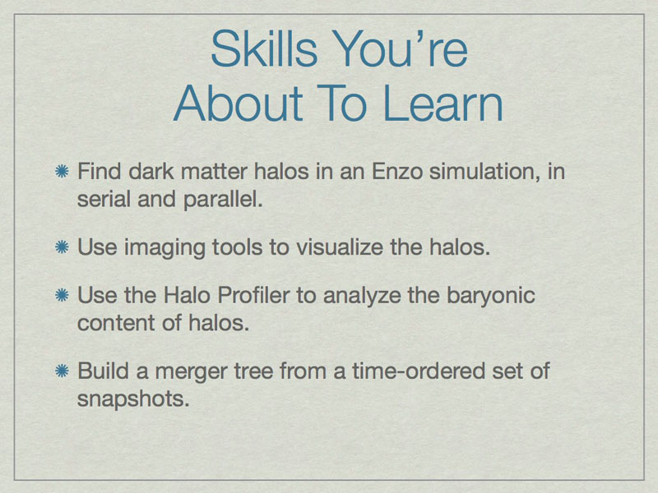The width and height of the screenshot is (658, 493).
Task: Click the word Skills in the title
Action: [264, 48]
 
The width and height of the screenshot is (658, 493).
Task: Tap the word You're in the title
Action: [400, 48]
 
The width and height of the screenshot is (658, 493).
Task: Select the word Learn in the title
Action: [443, 104]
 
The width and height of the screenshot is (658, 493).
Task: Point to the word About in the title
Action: [238, 104]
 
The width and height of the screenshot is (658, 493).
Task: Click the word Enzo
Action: [397, 171]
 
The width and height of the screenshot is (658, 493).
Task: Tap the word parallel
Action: [223, 199]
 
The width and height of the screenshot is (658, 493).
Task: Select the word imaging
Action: [164, 247]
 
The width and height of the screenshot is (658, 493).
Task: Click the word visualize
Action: [340, 246]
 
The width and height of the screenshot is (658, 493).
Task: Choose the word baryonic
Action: [491, 296]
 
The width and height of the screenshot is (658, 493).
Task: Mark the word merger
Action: [192, 372]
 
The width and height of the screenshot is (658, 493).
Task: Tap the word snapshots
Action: [133, 399]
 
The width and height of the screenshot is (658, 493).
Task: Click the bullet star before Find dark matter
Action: [63, 171]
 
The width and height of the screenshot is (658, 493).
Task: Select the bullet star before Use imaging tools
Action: [63, 246]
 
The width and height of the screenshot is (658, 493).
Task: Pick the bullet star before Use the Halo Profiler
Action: [63, 295]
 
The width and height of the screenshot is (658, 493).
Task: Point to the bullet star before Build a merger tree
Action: [63, 371]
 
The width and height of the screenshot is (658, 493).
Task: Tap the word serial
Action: [104, 199]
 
